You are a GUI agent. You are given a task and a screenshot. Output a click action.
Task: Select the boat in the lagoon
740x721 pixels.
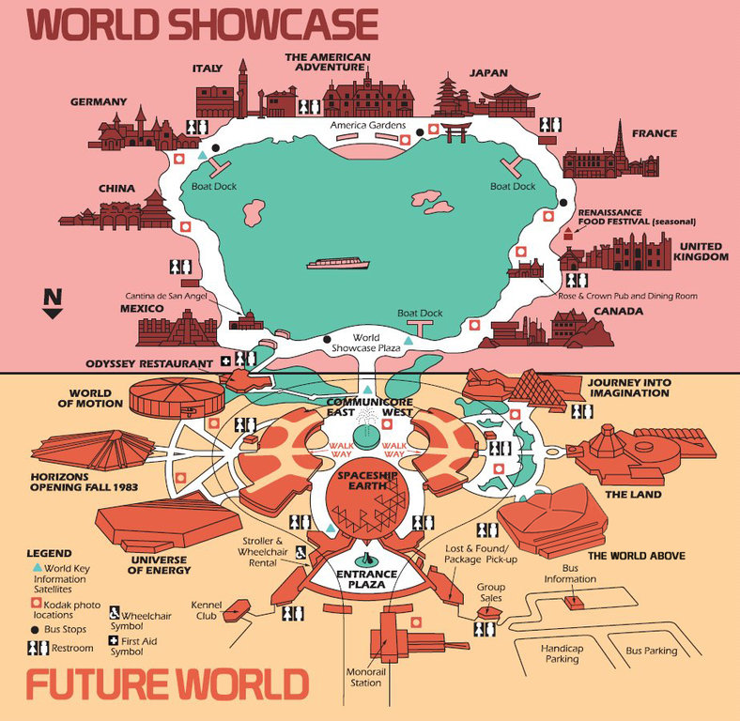[339, 263]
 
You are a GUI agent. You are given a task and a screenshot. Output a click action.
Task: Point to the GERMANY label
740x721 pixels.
[98, 101]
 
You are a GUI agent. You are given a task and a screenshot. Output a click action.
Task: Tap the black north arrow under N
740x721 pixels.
[54, 314]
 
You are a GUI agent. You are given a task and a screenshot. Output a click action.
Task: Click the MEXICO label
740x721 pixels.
[142, 308]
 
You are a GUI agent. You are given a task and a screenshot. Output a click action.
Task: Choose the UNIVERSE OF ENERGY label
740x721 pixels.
[155, 566]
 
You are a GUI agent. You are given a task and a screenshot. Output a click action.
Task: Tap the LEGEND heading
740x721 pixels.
[49, 553]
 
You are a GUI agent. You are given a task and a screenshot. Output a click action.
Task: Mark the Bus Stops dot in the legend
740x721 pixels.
[35, 629]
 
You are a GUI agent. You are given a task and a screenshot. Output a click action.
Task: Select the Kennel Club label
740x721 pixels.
[205, 610]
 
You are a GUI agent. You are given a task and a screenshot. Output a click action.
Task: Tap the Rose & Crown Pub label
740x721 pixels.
[627, 296]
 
